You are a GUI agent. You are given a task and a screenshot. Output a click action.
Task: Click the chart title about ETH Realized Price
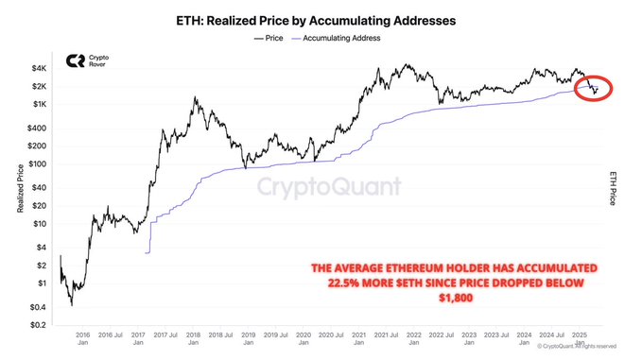pos(321,19)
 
